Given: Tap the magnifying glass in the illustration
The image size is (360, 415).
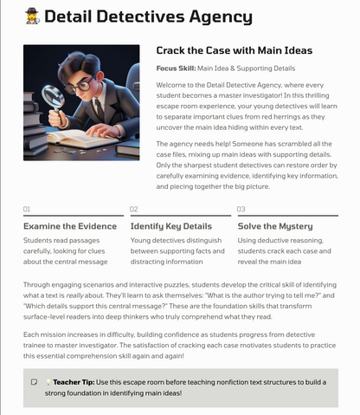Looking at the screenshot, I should click(x=51, y=94).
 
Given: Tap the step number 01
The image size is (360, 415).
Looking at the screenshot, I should click(x=27, y=209).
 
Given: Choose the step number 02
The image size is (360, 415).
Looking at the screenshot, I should click(x=134, y=209).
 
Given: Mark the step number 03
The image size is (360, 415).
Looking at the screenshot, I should click(x=241, y=209).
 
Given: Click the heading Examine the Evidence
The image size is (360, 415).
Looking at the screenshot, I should click(x=70, y=226).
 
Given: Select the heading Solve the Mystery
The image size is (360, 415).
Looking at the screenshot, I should click(x=275, y=226).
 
